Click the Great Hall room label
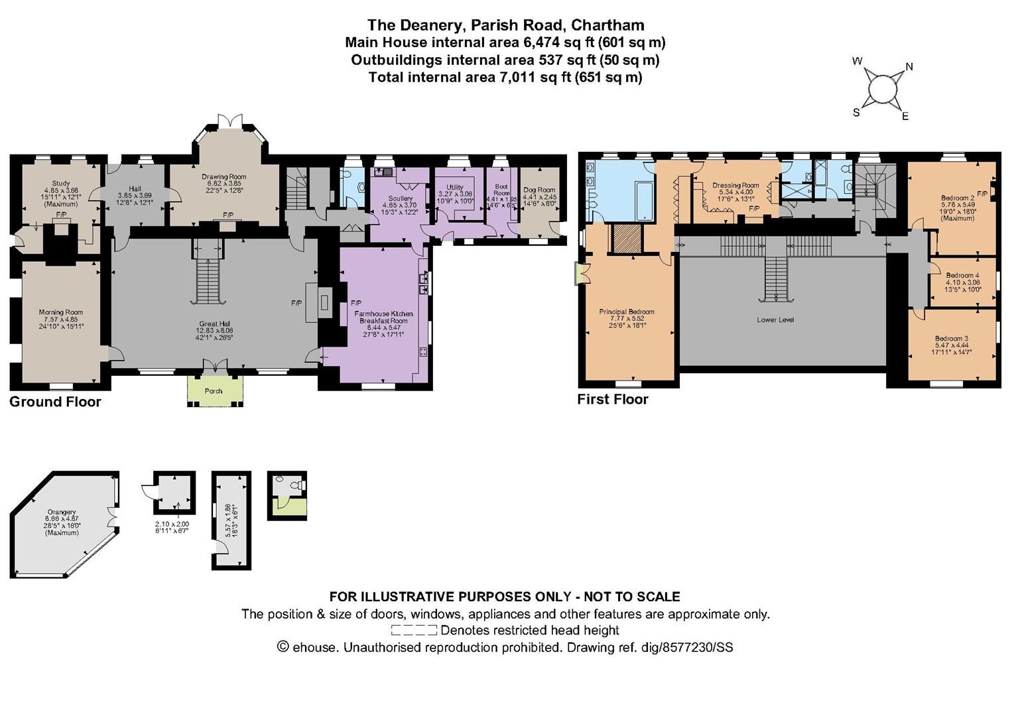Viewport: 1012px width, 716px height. pos(214,323)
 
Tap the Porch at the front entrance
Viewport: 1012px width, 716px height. pos(214,390)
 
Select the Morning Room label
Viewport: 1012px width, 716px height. pos(61,312)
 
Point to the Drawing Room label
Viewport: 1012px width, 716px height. pos(223,177)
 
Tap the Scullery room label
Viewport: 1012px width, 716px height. pos(401,198)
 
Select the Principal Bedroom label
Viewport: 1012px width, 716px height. pos(627,312)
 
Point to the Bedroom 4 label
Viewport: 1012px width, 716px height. pos(962,275)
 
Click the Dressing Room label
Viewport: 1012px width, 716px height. pos(735,185)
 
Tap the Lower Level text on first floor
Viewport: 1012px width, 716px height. pos(775,320)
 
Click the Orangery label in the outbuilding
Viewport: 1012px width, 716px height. pos(61,511)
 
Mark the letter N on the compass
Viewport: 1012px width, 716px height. pos(909,66)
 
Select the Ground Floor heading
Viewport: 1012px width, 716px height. pos(55,402)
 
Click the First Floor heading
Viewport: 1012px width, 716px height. pos(613,399)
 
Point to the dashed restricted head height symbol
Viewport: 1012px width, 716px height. pos(414,630)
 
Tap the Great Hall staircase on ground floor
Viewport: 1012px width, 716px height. pos(208,278)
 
